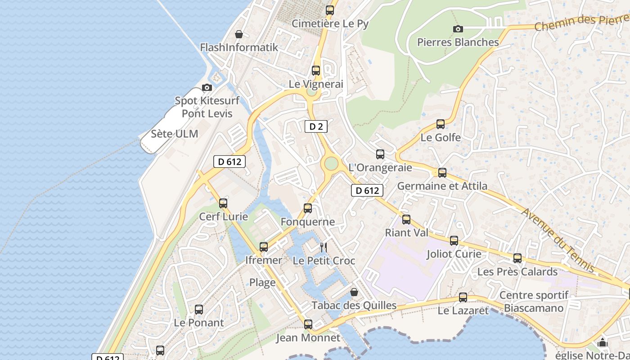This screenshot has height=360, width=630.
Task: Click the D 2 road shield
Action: (316, 126)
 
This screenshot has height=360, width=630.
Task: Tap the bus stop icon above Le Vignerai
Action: (316, 70)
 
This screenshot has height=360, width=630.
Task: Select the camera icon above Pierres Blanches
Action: (458, 29)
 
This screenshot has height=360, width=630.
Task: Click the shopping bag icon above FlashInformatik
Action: (239, 34)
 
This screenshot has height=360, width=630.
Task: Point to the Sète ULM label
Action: (174, 134)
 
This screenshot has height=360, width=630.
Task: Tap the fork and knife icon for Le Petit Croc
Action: (323, 247)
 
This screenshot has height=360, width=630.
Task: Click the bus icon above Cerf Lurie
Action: (223, 203)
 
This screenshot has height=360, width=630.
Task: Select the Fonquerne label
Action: (308, 221)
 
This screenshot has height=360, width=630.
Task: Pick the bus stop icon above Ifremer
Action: (264, 247)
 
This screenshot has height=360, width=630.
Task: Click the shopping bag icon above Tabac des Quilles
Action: (354, 292)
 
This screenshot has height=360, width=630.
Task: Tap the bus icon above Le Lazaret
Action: (463, 297)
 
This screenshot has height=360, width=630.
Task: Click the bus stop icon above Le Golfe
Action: (441, 124)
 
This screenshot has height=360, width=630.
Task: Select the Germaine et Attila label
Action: (442, 186)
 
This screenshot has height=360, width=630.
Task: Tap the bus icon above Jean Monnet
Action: (308, 324)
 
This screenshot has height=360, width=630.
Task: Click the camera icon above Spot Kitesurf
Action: (207, 87)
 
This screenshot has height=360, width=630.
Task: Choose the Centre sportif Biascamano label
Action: (534, 301)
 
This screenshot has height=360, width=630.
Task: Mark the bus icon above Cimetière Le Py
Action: (330, 10)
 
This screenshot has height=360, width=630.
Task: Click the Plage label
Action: (262, 283)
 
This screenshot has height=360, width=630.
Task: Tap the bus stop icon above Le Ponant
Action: (199, 309)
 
